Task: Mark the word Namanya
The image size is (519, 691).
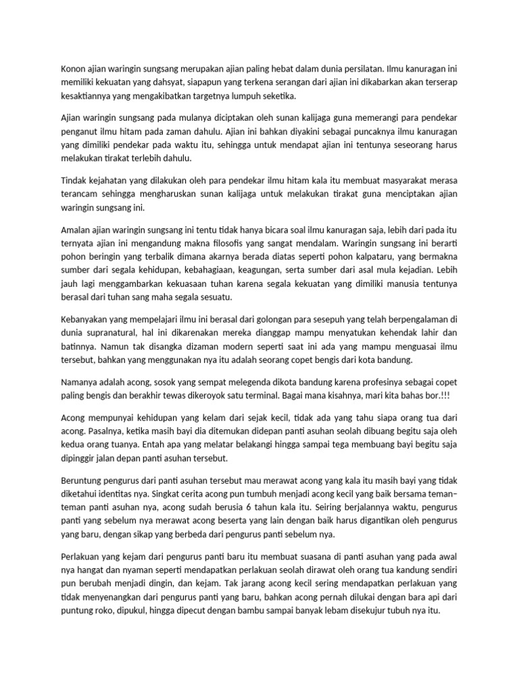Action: (80, 382)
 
